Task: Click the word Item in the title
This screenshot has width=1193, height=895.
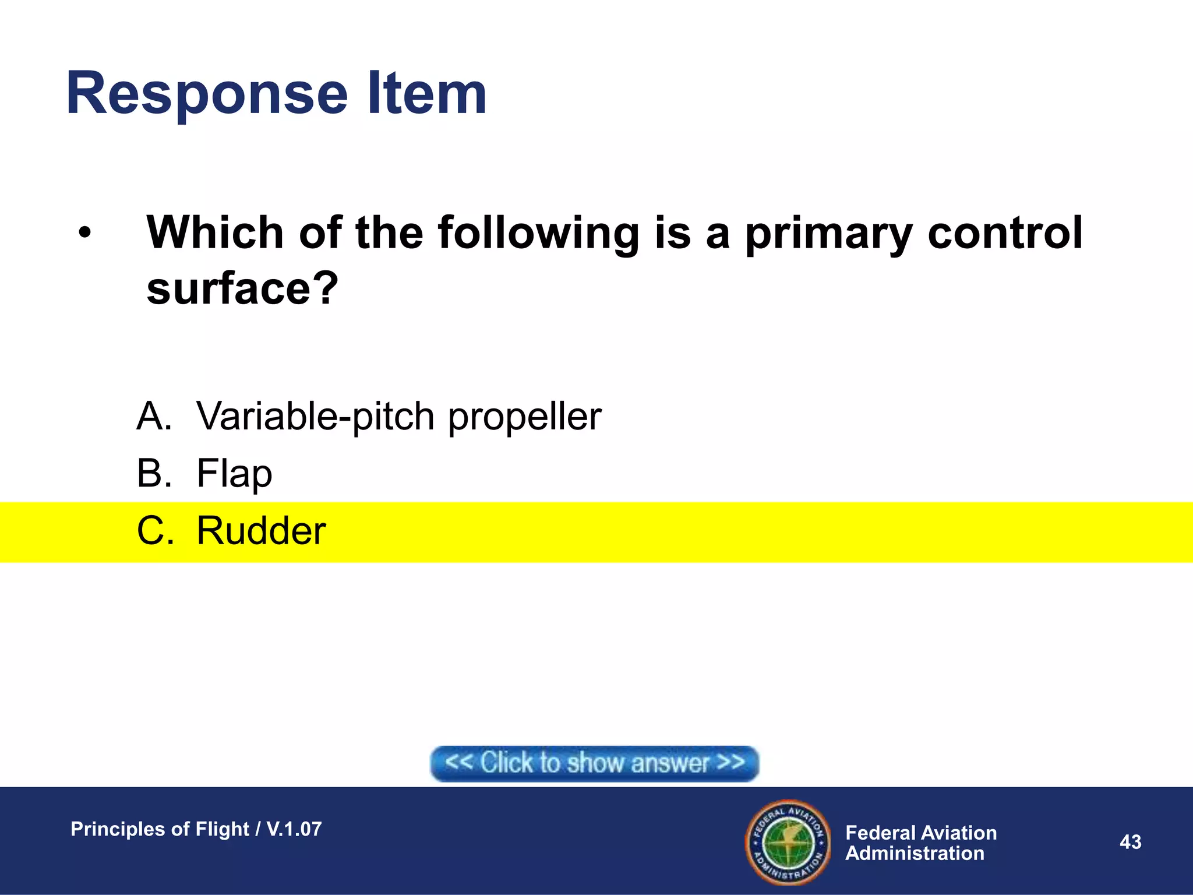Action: (427, 93)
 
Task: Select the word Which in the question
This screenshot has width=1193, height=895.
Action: (215, 232)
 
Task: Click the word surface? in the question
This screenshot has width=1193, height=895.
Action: (242, 288)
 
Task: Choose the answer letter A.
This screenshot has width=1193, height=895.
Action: (154, 416)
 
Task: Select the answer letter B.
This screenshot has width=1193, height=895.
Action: (154, 473)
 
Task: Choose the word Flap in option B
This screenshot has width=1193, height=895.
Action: (234, 473)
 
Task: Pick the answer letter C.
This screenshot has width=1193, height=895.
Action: (155, 530)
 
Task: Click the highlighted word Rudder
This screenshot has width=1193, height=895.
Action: (261, 530)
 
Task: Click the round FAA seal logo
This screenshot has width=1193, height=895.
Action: (789, 843)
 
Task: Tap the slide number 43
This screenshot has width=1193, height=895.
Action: (1130, 842)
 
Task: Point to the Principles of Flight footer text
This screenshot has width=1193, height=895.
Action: (196, 829)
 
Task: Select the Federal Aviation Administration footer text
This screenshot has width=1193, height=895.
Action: (920, 843)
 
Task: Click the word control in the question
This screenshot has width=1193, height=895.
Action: (1005, 232)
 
